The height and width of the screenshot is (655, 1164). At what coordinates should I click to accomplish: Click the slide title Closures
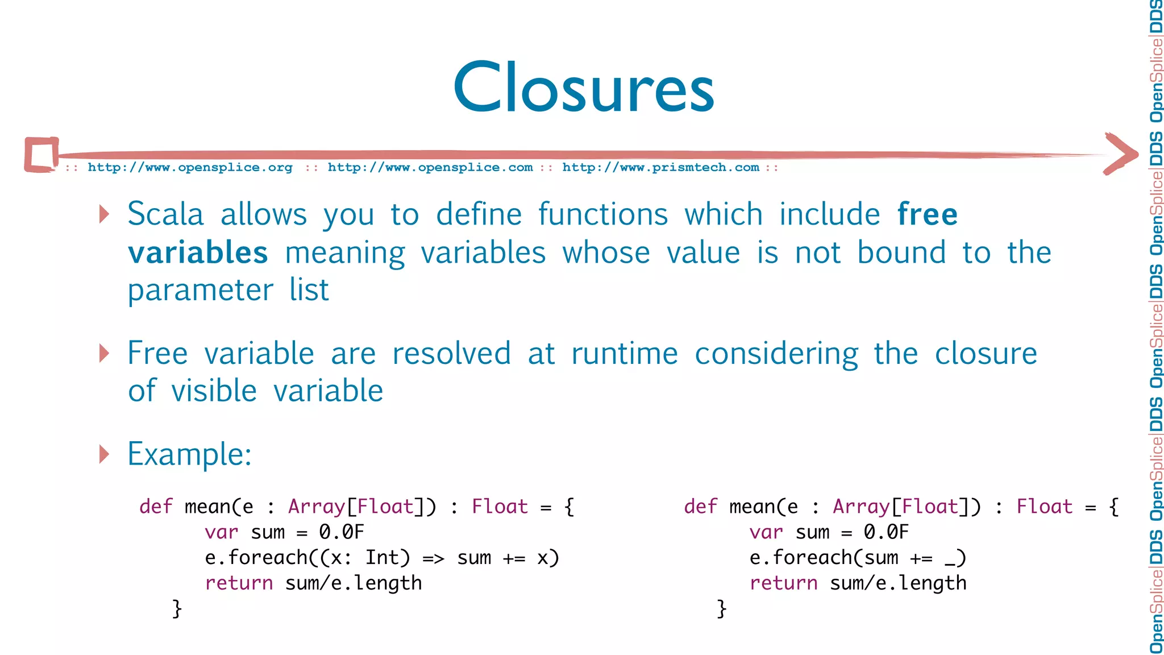point(584,88)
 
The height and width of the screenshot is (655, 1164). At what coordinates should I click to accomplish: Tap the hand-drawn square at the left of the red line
point(41,154)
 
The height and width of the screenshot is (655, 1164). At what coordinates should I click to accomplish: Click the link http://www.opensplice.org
point(190,168)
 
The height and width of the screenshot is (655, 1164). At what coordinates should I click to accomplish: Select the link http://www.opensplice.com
point(430,168)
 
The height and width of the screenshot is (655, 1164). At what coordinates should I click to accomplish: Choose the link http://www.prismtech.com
point(660,168)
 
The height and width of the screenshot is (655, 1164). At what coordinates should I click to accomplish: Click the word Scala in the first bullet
point(165,214)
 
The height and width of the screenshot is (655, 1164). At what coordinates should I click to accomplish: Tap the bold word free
point(927,214)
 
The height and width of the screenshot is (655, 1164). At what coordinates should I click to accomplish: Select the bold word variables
point(198,252)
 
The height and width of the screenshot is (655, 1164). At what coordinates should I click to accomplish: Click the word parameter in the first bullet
point(200,291)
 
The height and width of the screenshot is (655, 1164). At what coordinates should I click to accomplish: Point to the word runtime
point(625,354)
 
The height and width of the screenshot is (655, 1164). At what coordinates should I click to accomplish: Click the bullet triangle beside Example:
point(104,454)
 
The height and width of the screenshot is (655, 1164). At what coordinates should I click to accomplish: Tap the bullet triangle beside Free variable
point(104,353)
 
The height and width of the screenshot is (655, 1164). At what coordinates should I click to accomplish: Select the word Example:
point(189,454)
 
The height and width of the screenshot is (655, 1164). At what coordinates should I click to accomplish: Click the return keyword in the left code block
point(239,583)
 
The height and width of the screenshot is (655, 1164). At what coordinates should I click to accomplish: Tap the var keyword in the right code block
point(766,533)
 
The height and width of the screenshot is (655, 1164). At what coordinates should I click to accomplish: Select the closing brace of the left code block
point(177,609)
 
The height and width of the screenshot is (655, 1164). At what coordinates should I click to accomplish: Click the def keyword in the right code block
point(700,507)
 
